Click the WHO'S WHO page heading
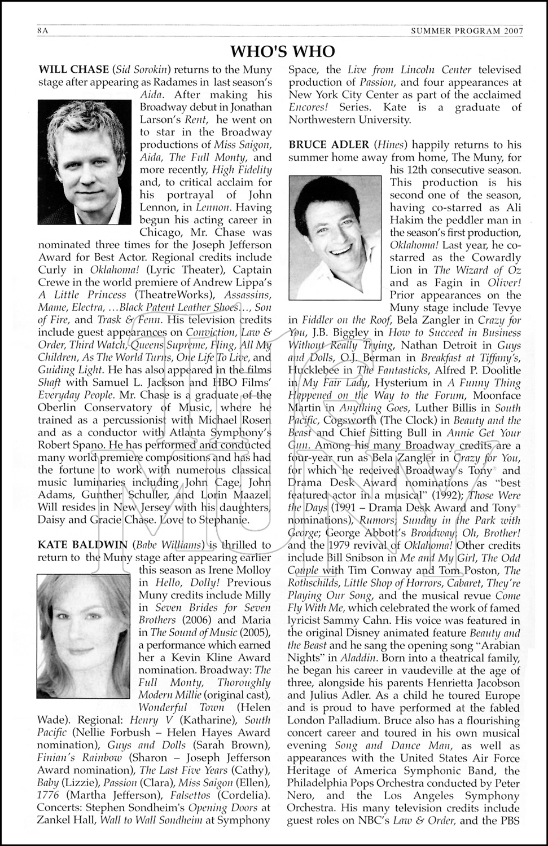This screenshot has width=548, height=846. click(x=283, y=52)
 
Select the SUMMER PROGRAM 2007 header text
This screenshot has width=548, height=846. click(x=467, y=31)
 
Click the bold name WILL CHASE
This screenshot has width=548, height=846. click(x=73, y=70)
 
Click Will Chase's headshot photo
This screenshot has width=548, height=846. click(x=85, y=162)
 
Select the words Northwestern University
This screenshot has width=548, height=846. click(x=350, y=120)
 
